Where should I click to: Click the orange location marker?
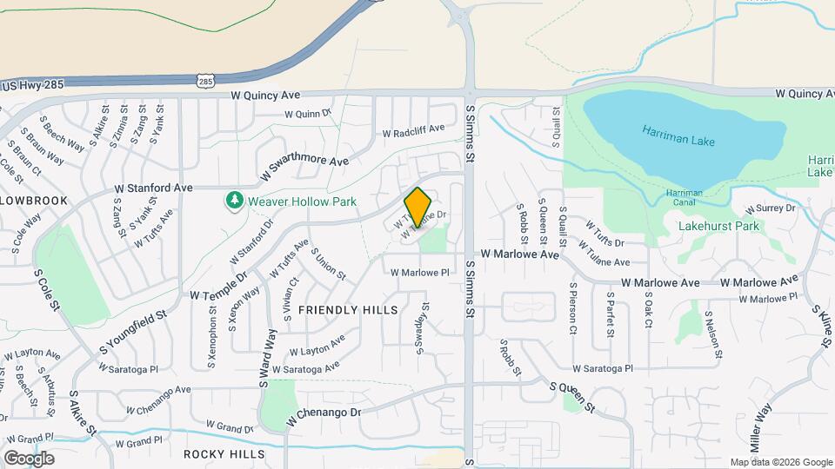click(x=418, y=207)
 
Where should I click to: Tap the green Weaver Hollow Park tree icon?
click(x=234, y=201)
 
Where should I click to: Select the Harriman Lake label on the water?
click(x=676, y=135)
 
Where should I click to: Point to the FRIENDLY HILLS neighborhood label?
click(x=348, y=310)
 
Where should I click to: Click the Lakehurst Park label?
click(x=718, y=227)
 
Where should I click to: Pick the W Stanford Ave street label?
click(x=153, y=188)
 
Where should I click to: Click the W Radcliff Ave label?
click(x=414, y=130)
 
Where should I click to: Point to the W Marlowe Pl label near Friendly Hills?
click(x=419, y=272)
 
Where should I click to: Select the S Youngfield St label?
click(x=132, y=329)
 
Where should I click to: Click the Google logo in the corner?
click(x=29, y=458)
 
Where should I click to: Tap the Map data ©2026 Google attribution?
click(x=780, y=462)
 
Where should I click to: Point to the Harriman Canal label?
click(x=684, y=198)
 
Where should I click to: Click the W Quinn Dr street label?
click(x=309, y=114)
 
